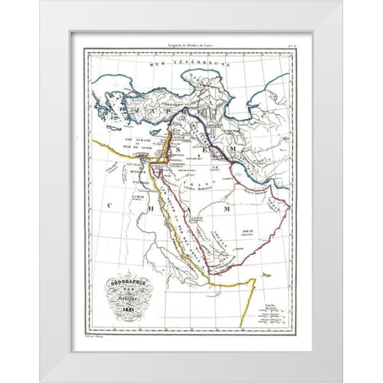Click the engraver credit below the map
pyautogui.click(x=100, y=338)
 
